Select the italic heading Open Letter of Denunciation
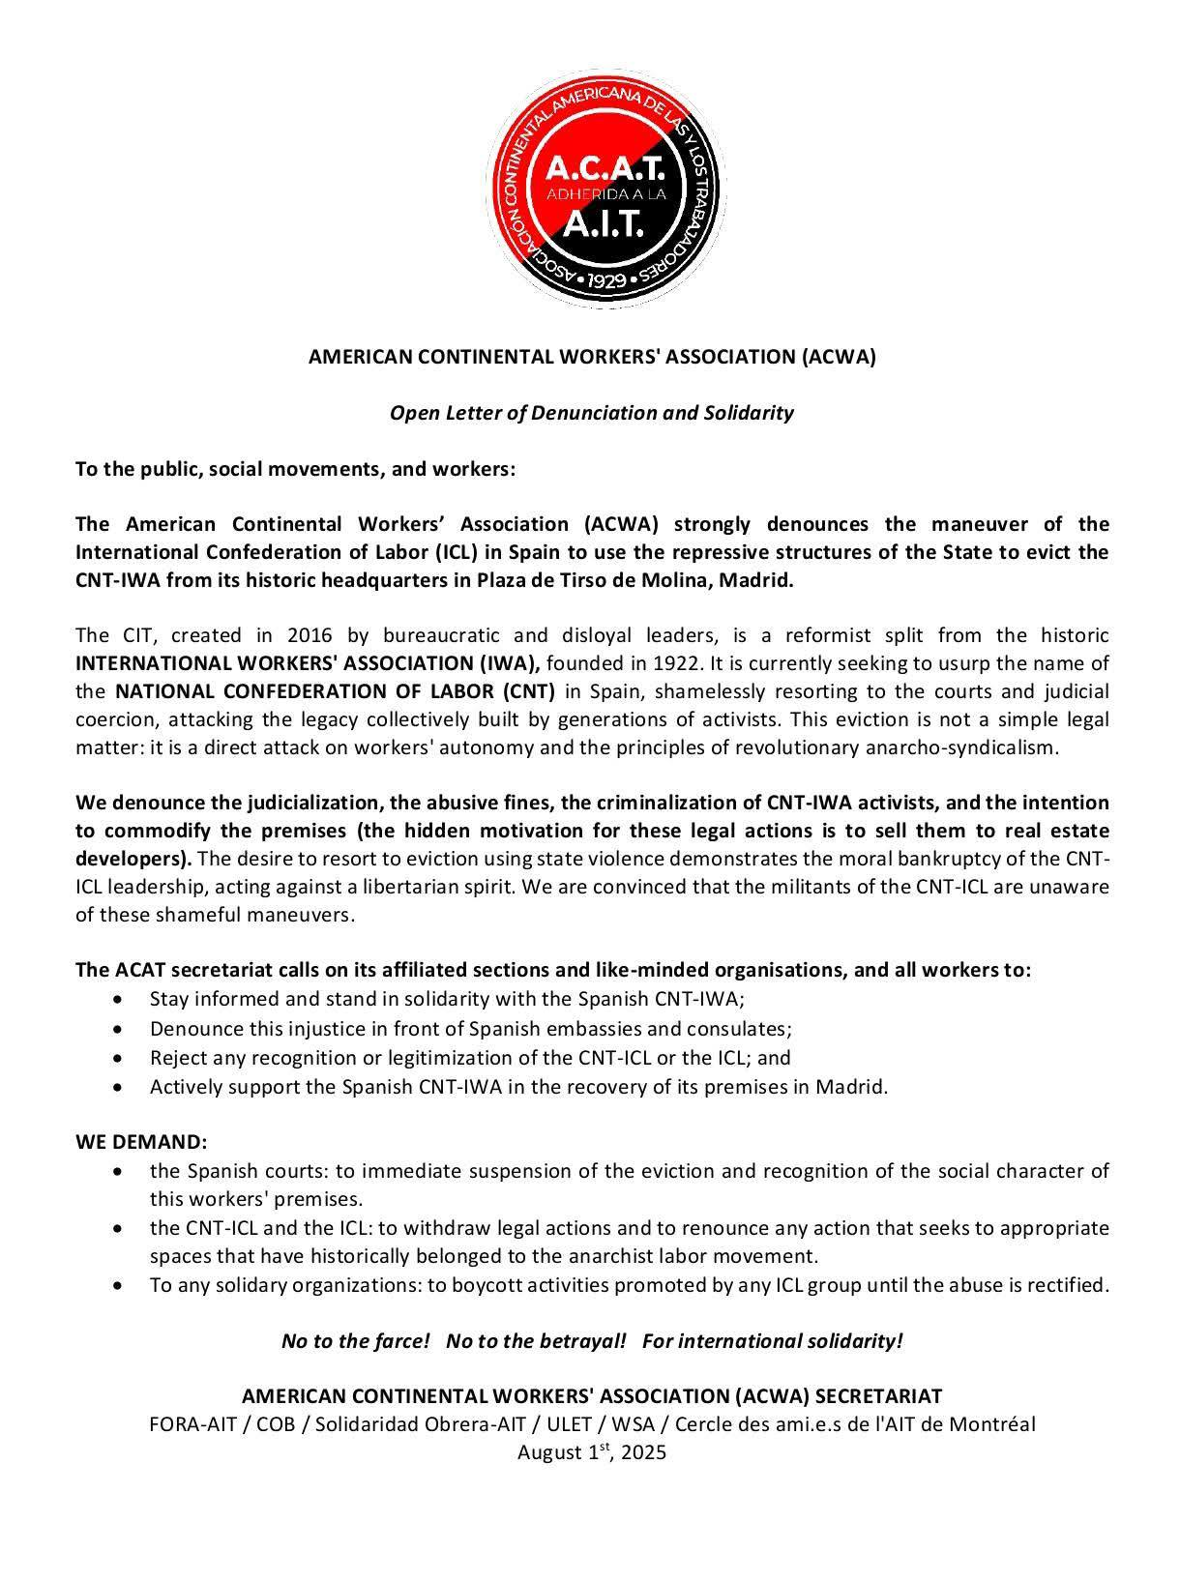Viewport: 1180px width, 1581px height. tap(591, 413)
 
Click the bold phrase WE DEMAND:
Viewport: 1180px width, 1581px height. tap(141, 1142)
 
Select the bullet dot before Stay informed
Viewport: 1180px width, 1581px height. tap(118, 999)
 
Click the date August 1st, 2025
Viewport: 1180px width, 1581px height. tap(591, 1452)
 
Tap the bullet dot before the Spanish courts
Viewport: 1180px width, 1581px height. tap(118, 1171)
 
